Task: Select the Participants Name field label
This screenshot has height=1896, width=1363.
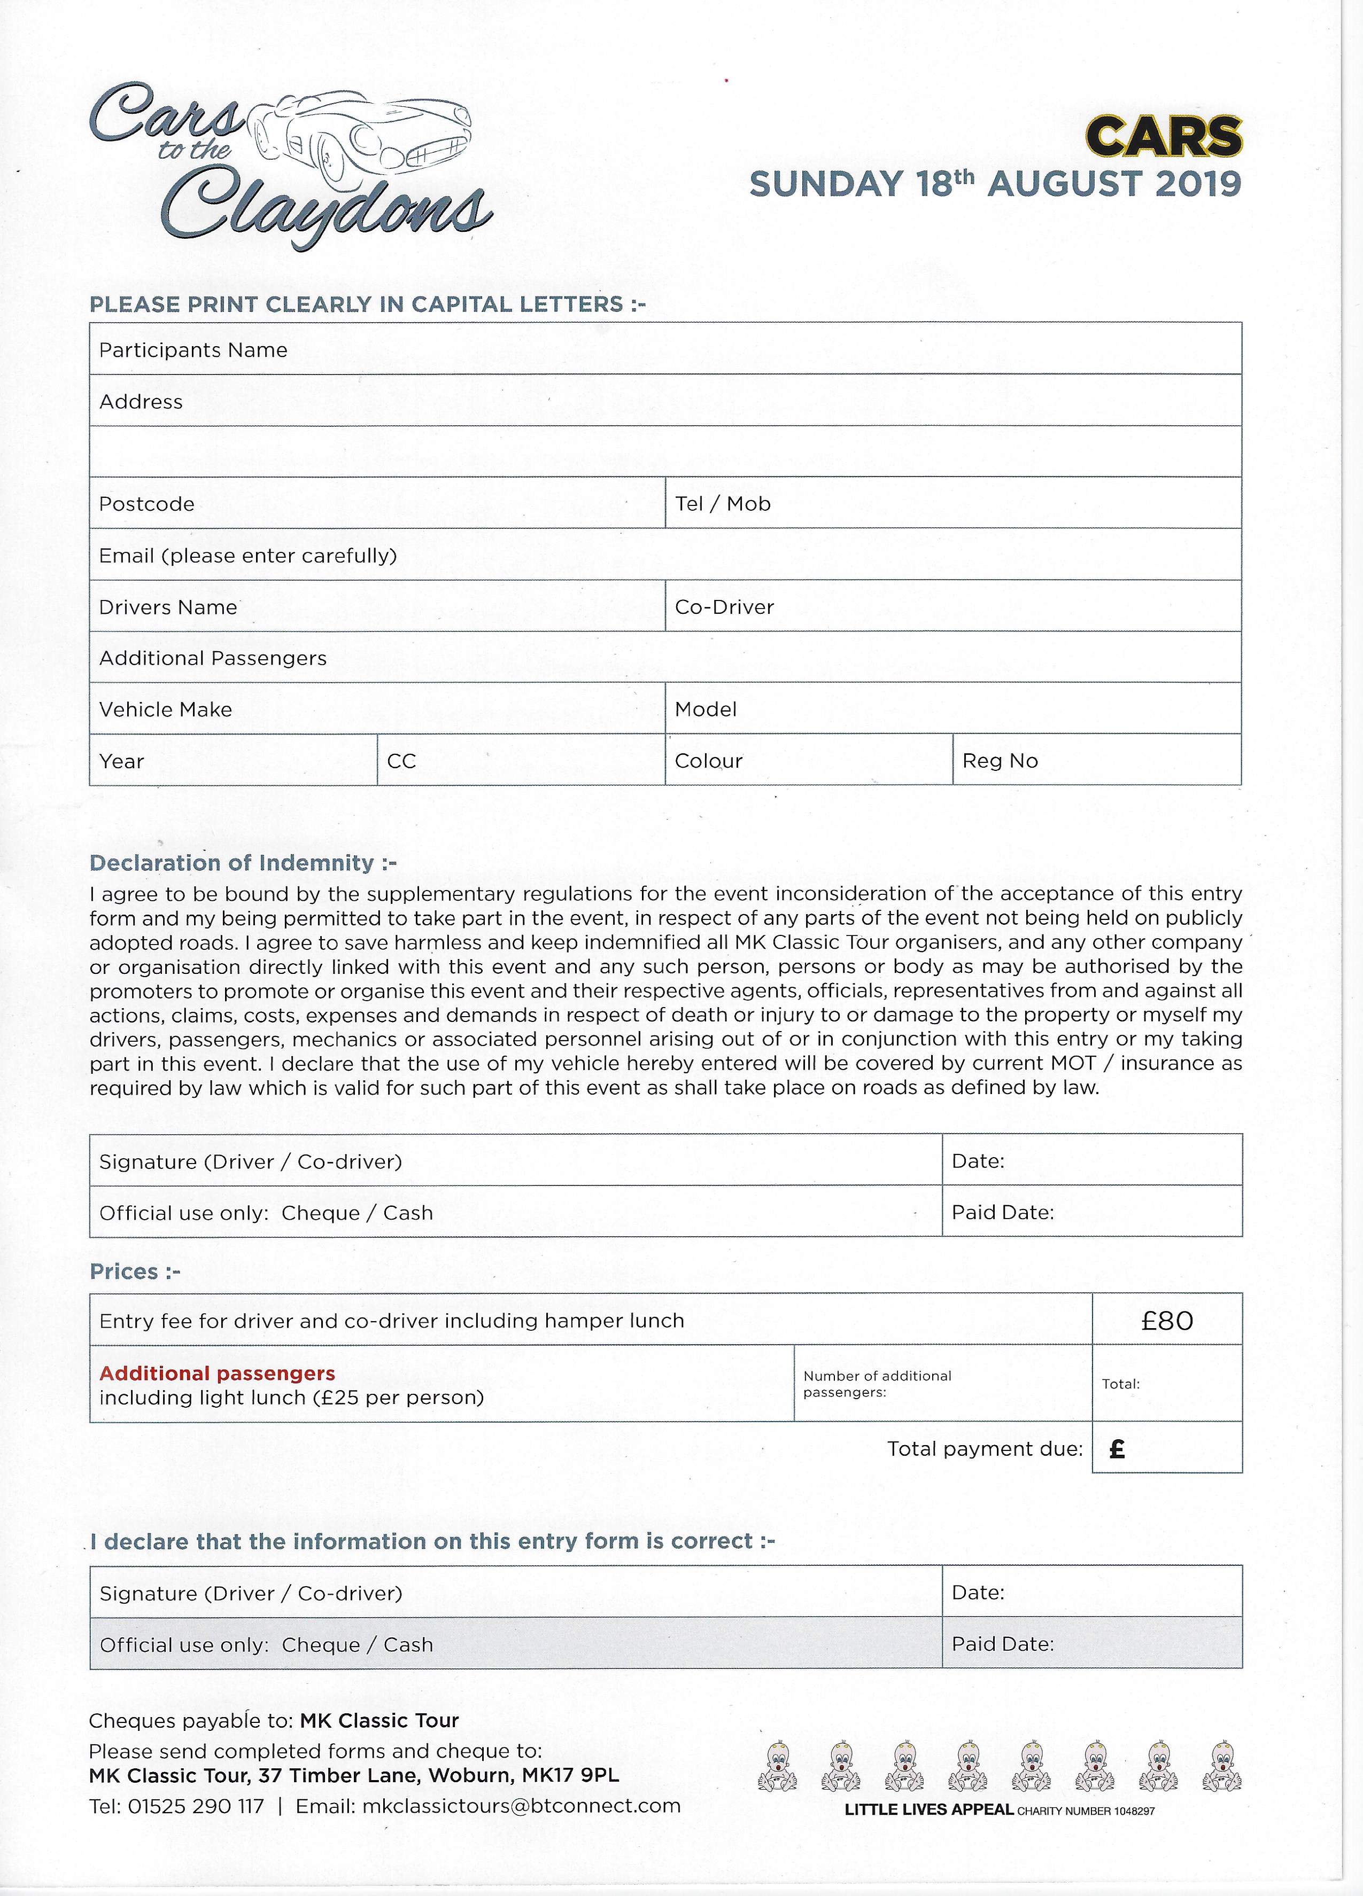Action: pos(193,350)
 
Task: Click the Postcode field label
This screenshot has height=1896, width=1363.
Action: pos(146,504)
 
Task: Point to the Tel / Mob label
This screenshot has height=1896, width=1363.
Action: pos(723,504)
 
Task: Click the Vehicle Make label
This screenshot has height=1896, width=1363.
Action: pos(166,710)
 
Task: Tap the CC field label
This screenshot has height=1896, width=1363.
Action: pos(401,762)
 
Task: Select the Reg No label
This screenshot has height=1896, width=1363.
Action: pos(1000,762)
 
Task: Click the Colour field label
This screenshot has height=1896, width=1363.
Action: pos(708,762)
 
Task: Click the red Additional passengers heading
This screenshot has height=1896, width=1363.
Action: pos(218,1374)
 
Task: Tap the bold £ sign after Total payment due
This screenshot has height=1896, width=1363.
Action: pos(1117,1449)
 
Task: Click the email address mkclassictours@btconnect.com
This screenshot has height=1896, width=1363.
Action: pos(521,1806)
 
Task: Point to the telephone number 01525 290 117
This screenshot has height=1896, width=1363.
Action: pos(195,1807)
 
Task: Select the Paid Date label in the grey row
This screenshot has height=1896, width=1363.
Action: pos(1003,1644)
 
